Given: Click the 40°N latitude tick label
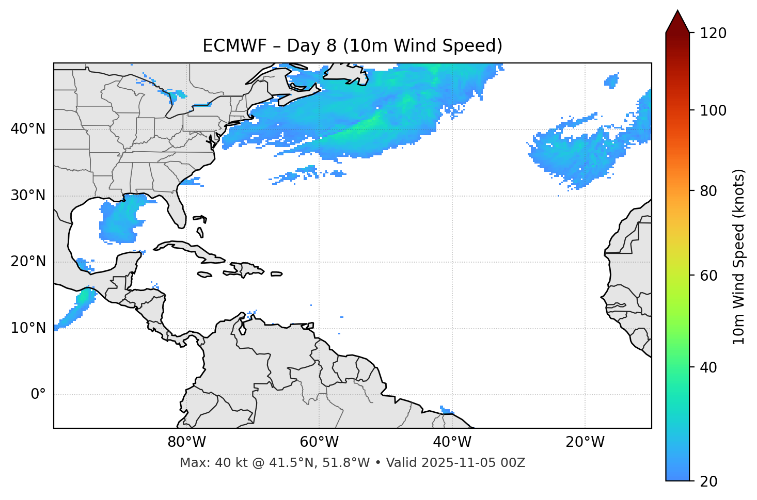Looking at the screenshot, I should click(x=28, y=129).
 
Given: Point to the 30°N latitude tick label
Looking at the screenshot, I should click(x=28, y=196).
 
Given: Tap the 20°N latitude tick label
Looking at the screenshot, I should click(x=28, y=262).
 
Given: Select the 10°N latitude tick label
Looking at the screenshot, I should click(x=28, y=328).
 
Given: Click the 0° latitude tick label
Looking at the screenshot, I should click(x=38, y=395).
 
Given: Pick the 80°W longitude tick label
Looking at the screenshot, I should click(x=186, y=442).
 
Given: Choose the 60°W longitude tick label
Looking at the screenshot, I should click(x=319, y=442).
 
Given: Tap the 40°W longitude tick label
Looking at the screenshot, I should click(x=452, y=442).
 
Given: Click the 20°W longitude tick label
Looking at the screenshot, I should click(x=585, y=442).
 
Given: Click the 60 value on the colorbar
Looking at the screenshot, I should click(x=709, y=276).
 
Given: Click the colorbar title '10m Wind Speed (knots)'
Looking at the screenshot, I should click(x=739, y=256).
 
